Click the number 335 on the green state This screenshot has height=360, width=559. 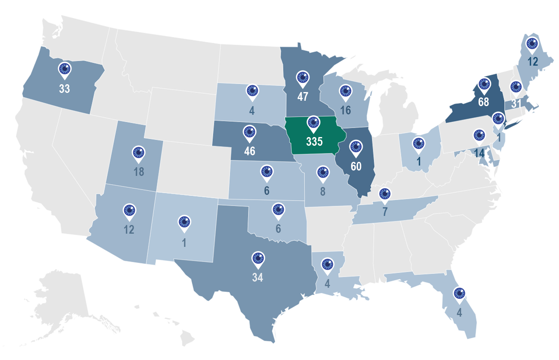click(x=314, y=141)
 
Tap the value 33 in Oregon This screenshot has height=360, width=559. click(x=64, y=88)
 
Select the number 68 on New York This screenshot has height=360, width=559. click(x=484, y=102)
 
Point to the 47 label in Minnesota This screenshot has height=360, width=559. click(x=303, y=97)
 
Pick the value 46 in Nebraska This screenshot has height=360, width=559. click(x=250, y=151)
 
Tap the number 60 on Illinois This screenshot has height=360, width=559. click(x=356, y=166)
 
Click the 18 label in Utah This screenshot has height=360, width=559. click(x=139, y=172)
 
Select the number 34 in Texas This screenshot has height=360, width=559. click(x=257, y=277)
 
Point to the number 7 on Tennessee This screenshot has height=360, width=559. click(x=385, y=212)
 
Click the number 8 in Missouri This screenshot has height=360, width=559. click(x=323, y=192)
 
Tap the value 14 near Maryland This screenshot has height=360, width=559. click(x=479, y=152)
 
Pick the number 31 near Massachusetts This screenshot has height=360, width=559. click(x=516, y=104)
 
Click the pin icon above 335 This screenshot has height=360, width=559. click(x=314, y=123)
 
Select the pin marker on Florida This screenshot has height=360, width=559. click(x=459, y=294)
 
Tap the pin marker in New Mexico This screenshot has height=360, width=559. click(x=184, y=222)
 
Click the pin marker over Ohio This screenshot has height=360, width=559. click(x=419, y=143)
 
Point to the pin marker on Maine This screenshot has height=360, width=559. click(x=532, y=43)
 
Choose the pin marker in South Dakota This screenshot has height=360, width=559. click(x=252, y=91)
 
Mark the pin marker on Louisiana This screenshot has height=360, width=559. click(x=327, y=265)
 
